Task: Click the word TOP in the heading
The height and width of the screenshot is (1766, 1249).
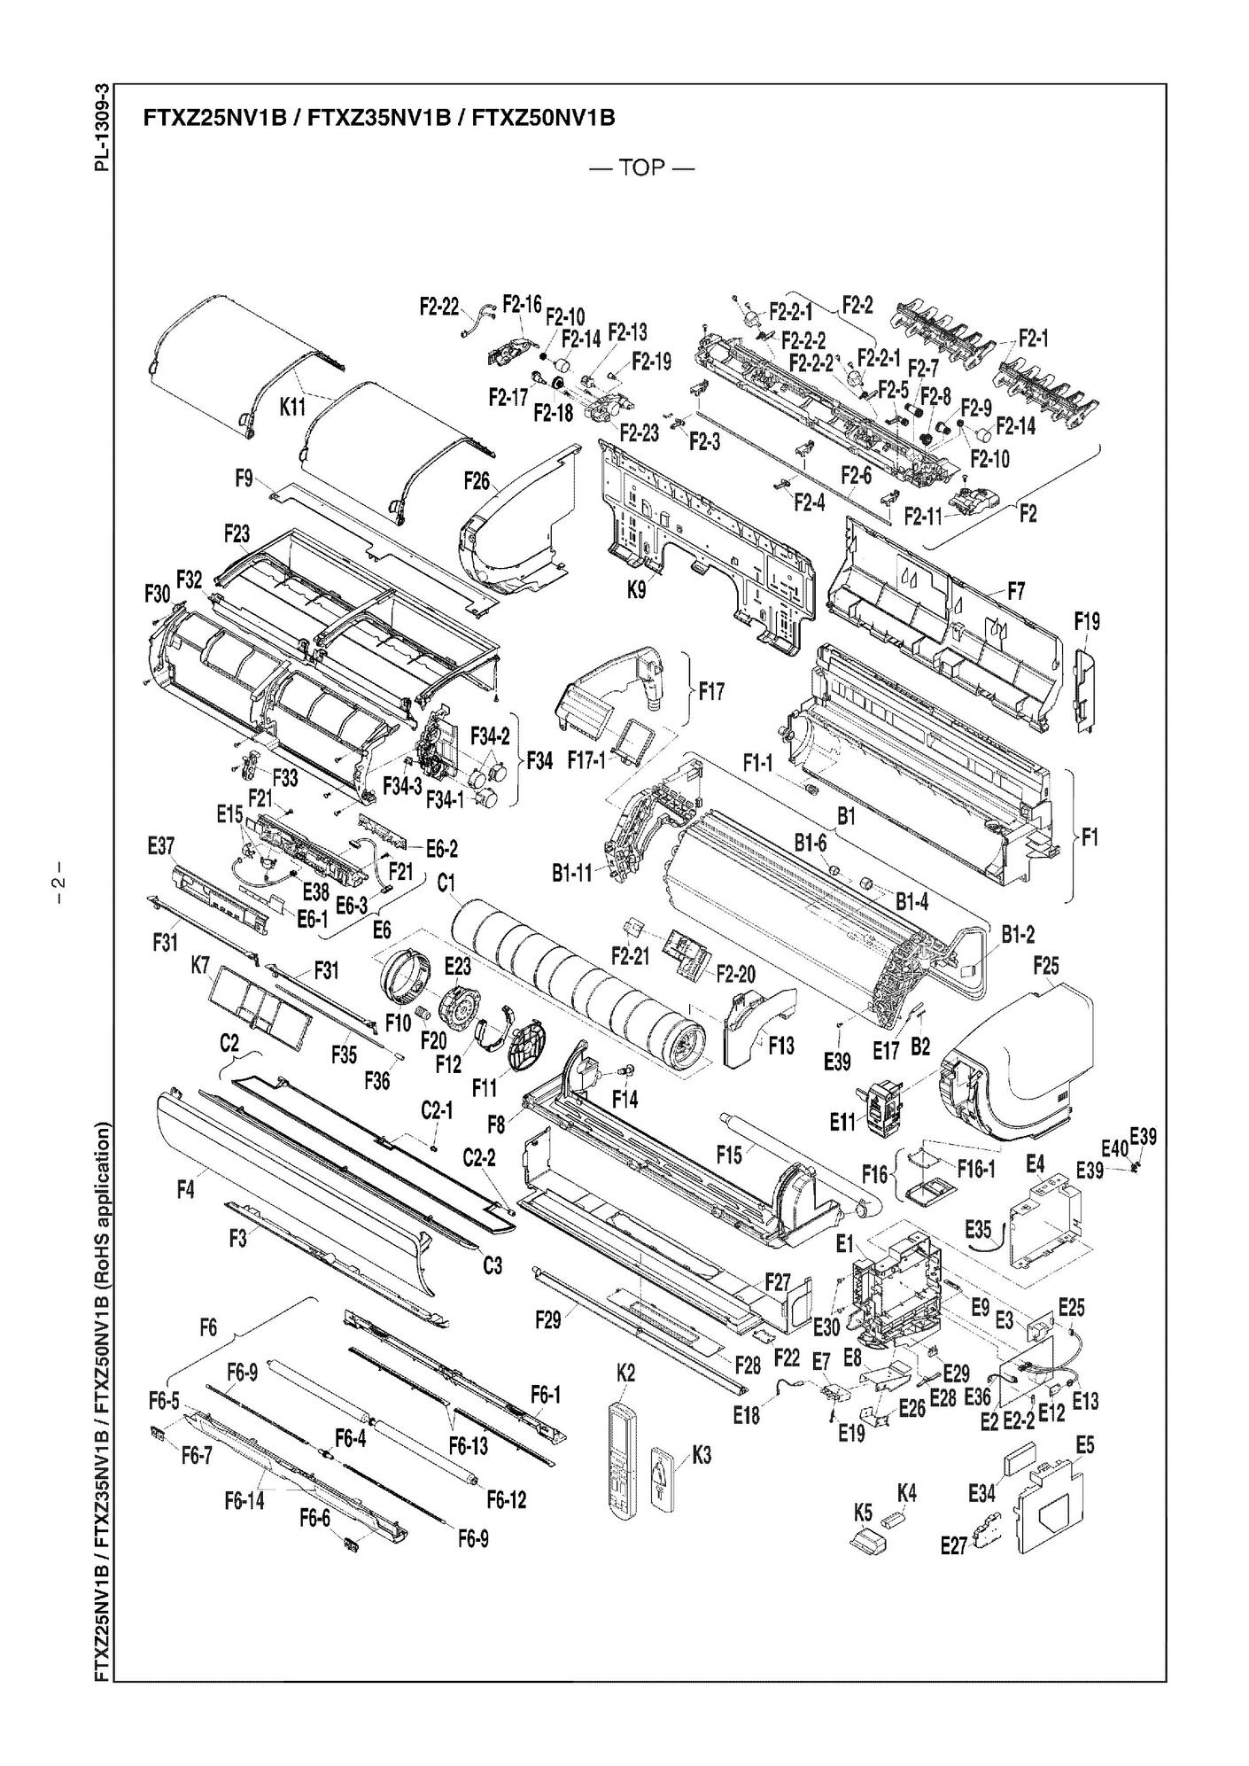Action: pos(642,167)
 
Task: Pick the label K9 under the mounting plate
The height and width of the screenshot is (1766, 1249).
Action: pos(637,588)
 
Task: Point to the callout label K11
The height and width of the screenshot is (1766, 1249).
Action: pos(293,408)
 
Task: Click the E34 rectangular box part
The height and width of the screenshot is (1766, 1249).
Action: pos(1022,1466)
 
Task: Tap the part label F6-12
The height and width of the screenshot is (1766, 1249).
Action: pos(507,1499)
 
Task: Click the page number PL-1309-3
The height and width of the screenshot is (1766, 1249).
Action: pos(105,128)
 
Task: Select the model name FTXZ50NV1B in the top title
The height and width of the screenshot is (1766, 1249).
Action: pos(543,117)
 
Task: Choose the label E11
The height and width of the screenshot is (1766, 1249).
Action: pos(843,1121)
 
